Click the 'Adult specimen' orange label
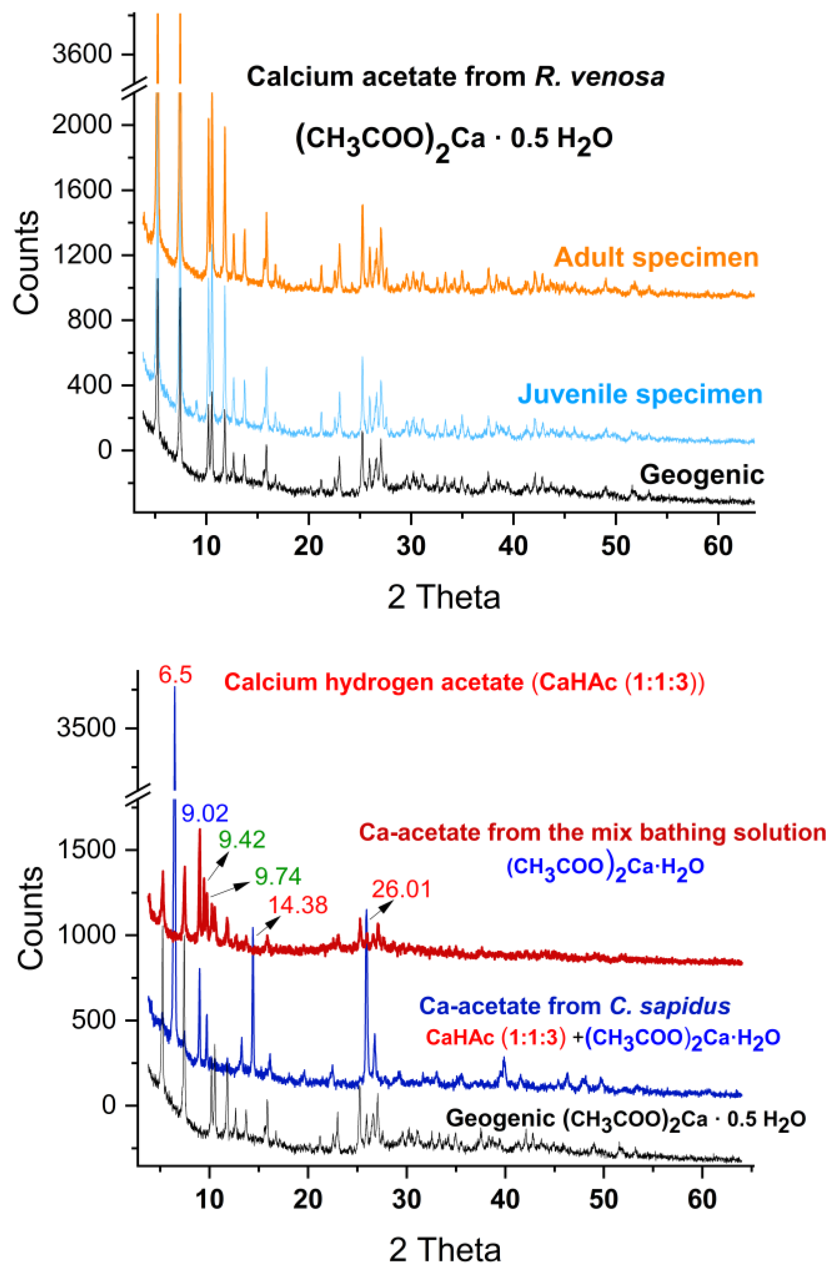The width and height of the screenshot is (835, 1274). coord(656,258)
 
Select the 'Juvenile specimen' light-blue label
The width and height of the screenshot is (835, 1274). coord(640,394)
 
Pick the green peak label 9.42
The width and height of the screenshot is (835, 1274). coord(242,839)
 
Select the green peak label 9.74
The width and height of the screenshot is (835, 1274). coord(277,876)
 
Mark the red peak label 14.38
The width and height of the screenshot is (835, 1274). coord(298,905)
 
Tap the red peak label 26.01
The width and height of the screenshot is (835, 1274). coord(401,889)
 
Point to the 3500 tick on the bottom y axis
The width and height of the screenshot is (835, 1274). coord(86,728)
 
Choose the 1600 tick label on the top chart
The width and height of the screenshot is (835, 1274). coord(82,190)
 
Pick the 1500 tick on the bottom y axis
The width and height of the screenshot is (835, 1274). coord(86,849)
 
